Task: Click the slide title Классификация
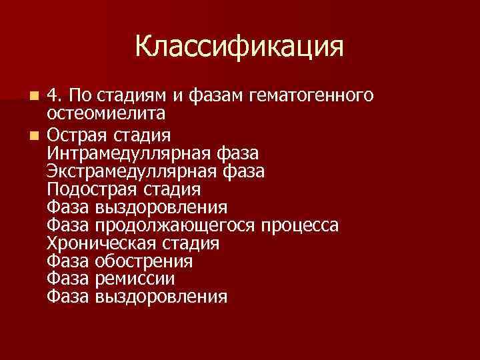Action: [239, 47]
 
